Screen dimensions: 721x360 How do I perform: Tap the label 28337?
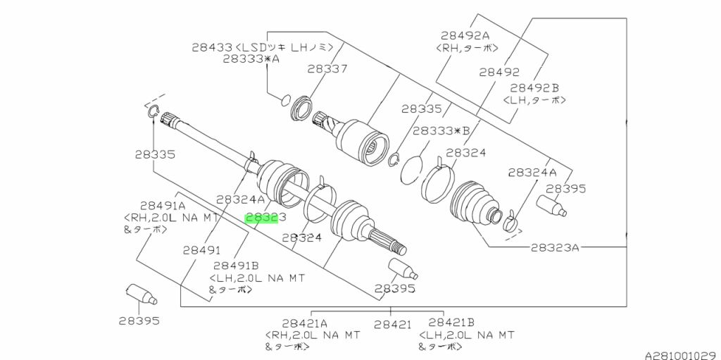point(327,69)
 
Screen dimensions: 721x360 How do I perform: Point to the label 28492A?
point(465,35)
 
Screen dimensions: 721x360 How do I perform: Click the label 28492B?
point(534,87)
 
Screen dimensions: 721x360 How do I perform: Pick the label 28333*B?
point(441,131)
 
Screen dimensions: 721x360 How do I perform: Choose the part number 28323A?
point(555,248)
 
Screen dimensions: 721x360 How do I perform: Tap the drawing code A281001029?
point(682,355)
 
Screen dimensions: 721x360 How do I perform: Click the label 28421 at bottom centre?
point(392,325)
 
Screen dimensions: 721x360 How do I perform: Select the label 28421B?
point(451,323)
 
